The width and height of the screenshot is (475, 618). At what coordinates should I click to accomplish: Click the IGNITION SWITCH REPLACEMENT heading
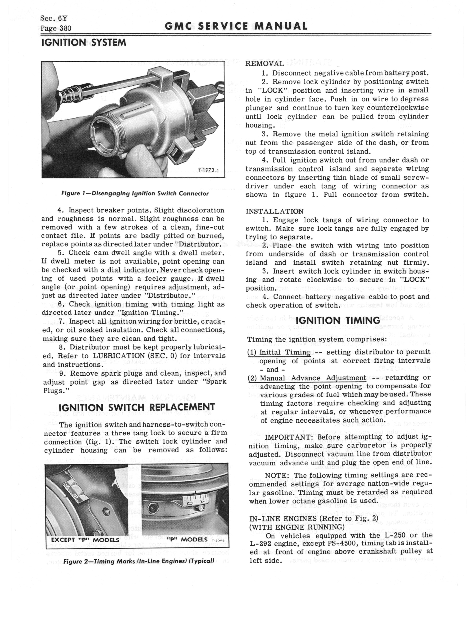[x=137, y=407]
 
